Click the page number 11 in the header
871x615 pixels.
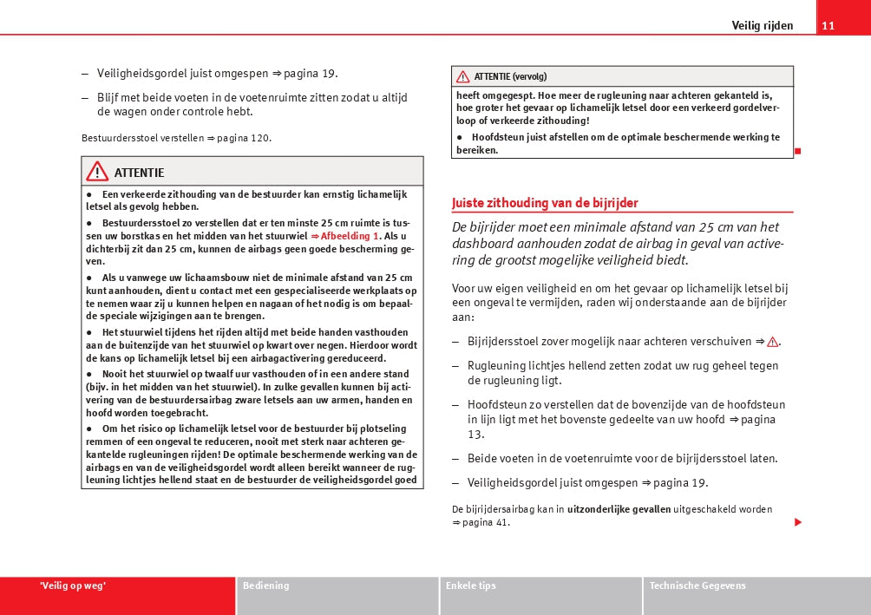(x=828, y=25)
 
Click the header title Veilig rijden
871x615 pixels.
(x=762, y=25)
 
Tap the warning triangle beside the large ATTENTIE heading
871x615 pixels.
(x=97, y=171)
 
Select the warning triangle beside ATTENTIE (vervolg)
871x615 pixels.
(x=463, y=76)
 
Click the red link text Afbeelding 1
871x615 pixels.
(x=350, y=236)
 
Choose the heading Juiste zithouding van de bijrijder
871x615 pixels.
(x=545, y=203)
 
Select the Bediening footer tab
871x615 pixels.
(x=265, y=586)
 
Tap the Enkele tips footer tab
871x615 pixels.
(x=470, y=586)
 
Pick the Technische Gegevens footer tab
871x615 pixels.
(x=697, y=586)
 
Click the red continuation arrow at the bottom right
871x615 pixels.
(x=797, y=522)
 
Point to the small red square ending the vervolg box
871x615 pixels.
(x=797, y=151)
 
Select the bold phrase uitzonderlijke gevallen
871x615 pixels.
(x=619, y=509)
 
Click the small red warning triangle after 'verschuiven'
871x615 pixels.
(x=772, y=342)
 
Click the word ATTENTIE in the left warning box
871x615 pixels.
(x=139, y=173)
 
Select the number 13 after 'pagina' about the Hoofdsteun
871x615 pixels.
(x=475, y=434)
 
